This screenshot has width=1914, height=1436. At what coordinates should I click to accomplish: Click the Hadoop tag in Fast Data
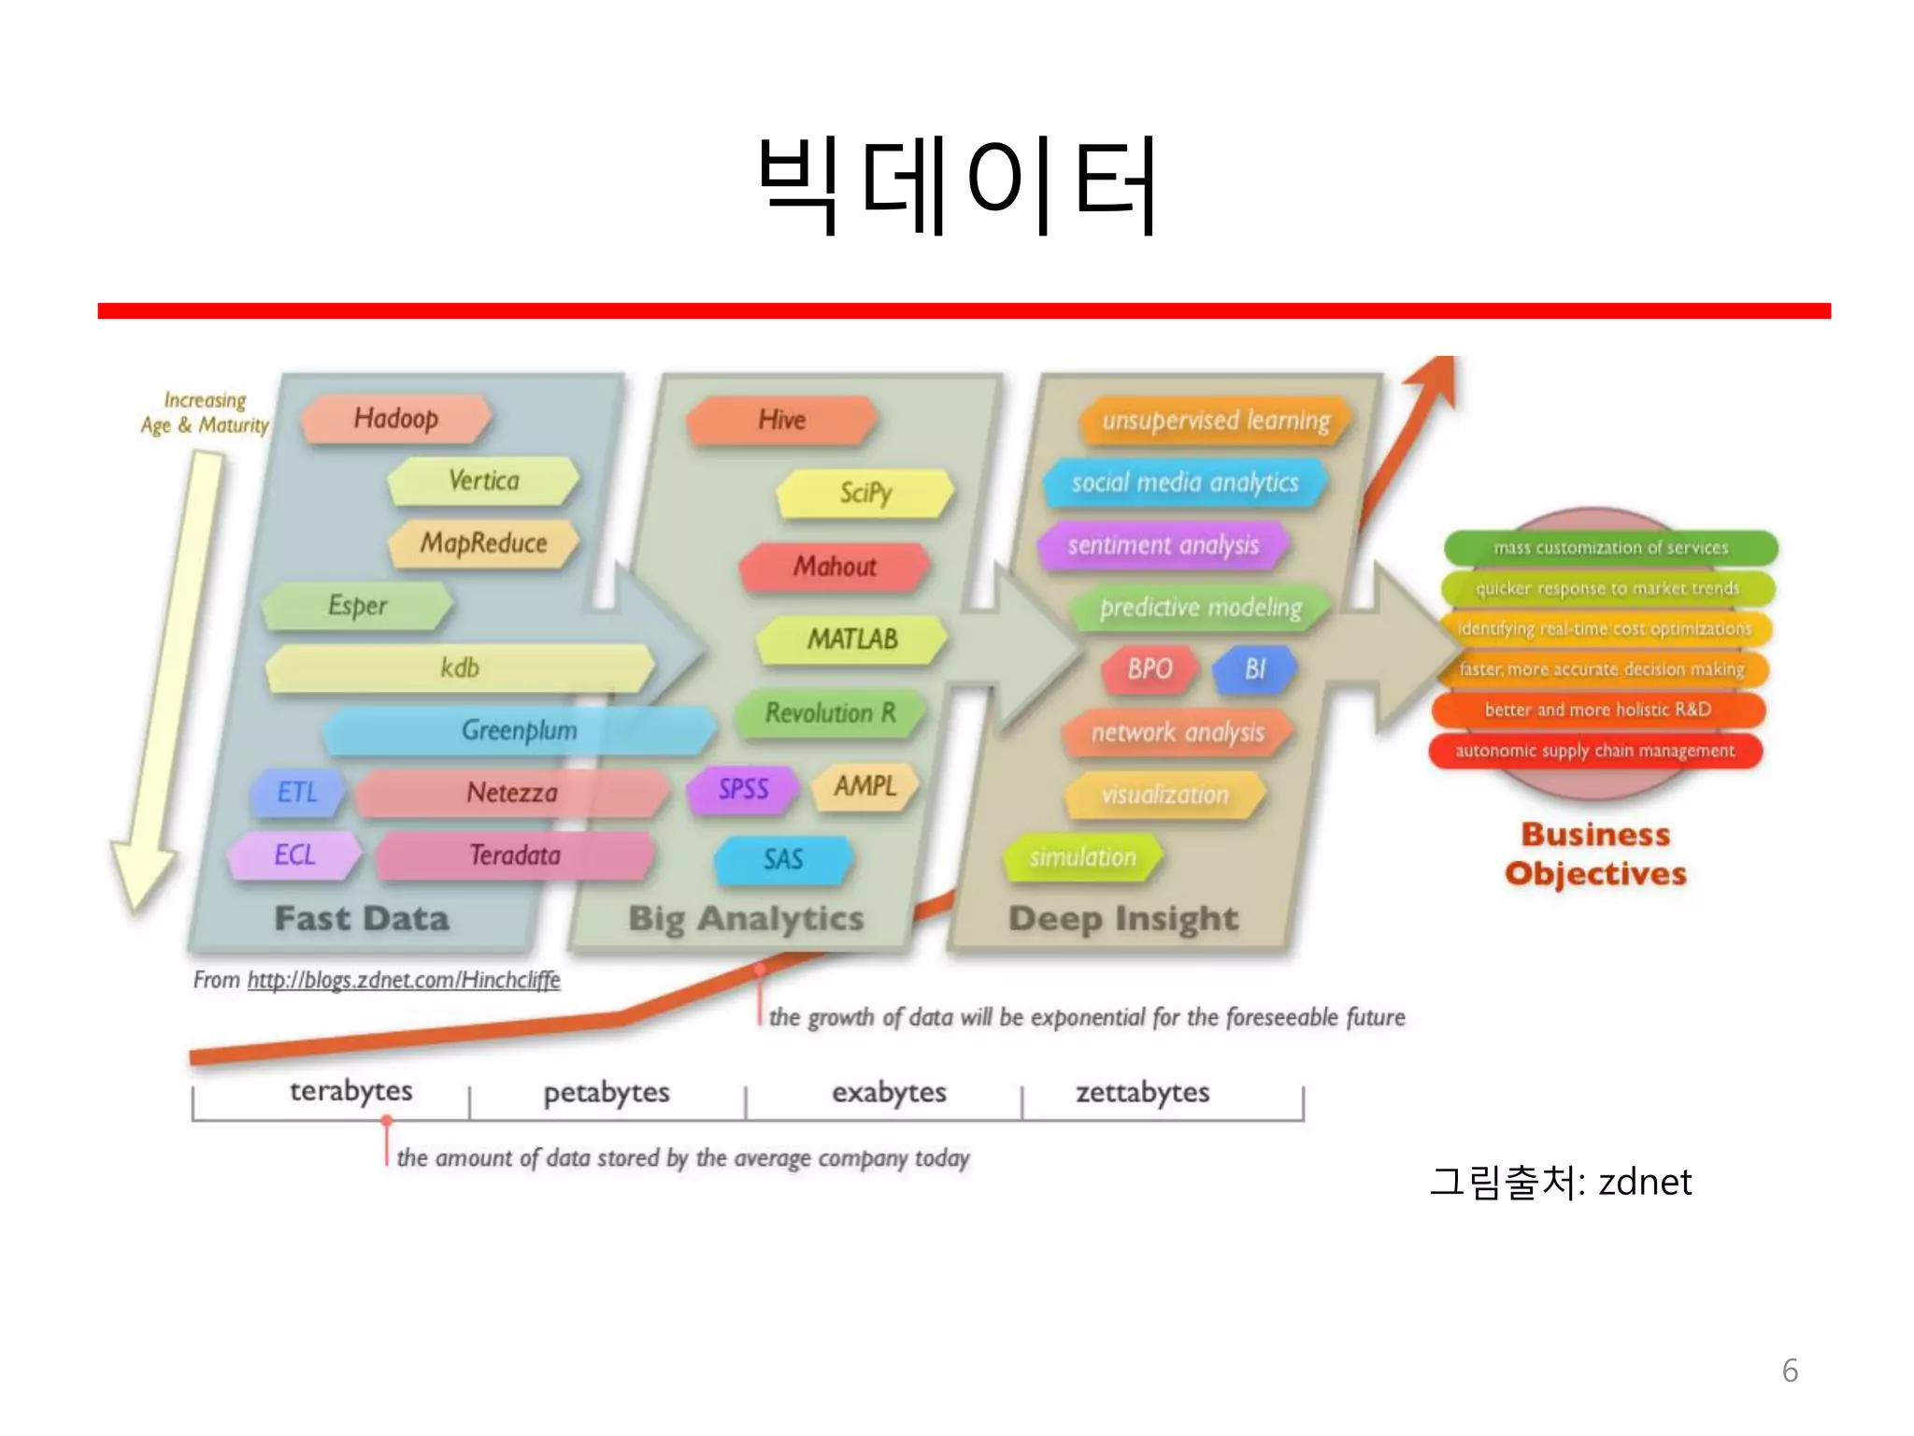395,418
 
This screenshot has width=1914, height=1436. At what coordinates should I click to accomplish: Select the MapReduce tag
483,543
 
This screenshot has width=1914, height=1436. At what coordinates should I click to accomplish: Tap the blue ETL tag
297,793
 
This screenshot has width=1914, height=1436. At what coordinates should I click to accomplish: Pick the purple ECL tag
294,854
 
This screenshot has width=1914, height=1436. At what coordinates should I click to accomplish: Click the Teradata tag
515,854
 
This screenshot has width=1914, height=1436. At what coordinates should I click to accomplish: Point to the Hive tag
781,420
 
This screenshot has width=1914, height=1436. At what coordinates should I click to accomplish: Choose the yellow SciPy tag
865,492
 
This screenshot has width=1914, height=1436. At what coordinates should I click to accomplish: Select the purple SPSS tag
743,789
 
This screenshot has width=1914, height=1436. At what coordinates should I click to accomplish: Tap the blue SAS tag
783,859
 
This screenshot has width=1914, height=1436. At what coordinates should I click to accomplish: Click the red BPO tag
1150,668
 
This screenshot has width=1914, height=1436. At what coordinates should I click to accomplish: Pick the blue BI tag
1254,668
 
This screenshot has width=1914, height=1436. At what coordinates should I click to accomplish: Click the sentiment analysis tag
1164,545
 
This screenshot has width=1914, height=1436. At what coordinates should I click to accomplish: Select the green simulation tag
1082,856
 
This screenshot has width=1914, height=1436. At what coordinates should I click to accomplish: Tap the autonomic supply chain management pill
1594,751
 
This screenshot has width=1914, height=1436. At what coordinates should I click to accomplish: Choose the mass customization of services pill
1610,548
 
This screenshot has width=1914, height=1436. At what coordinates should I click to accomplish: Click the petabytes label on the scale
607,1092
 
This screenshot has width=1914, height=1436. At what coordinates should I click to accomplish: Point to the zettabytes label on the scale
1142,1092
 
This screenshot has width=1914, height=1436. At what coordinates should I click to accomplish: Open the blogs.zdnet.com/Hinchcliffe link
403,980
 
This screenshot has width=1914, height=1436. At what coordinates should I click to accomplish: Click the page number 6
1790,1371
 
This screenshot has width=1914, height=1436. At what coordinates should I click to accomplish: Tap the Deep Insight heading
1123,919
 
